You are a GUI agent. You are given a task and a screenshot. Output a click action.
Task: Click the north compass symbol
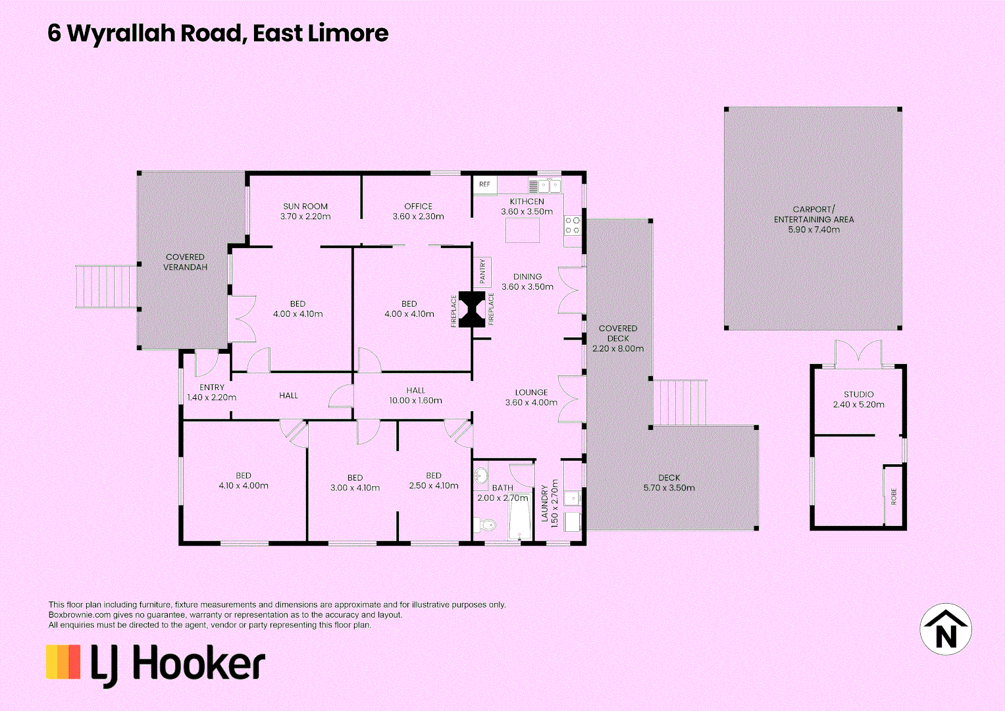click(945, 629)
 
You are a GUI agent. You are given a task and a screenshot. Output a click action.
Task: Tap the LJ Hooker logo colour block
click(63, 662)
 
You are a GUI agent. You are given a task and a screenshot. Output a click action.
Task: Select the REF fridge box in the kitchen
click(484, 184)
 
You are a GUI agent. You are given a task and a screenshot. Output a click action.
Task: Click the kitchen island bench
click(523, 230)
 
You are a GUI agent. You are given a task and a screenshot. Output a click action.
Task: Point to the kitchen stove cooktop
click(572, 226)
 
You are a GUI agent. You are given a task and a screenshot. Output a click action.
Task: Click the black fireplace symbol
click(472, 309)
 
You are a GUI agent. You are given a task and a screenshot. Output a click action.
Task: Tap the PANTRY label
click(482, 271)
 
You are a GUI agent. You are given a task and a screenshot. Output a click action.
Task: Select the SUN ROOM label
click(305, 206)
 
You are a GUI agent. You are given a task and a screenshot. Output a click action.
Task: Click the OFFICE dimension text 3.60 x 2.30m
click(418, 217)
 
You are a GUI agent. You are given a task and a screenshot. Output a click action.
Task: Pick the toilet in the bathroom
click(487, 525)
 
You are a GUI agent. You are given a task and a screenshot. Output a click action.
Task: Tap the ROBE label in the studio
click(894, 496)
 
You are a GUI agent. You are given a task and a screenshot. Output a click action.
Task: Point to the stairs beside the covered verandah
click(106, 286)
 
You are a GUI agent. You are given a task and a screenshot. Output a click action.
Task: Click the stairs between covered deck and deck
click(680, 402)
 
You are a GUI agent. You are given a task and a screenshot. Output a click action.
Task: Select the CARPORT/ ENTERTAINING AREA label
click(813, 215)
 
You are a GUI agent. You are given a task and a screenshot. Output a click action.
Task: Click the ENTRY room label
click(212, 387)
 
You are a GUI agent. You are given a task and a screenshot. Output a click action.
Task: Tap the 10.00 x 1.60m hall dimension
click(415, 400)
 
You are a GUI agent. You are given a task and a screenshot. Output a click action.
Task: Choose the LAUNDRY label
click(544, 504)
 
